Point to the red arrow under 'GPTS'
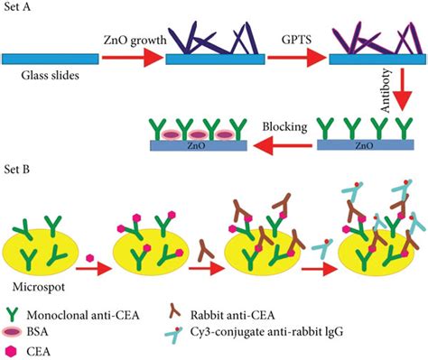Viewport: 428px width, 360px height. pos(294,59)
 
